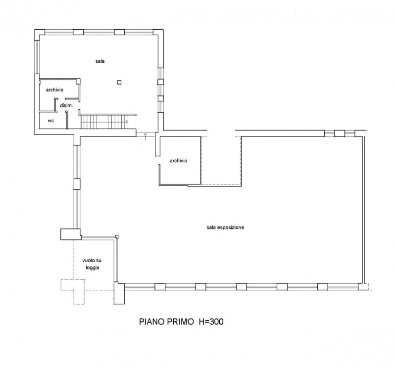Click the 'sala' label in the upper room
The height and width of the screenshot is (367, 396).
(100, 61)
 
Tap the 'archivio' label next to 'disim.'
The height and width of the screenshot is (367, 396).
(54, 90)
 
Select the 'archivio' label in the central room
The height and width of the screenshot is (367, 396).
(179, 161)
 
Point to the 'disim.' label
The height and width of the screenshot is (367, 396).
(66, 105)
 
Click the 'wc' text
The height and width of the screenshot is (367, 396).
(51, 121)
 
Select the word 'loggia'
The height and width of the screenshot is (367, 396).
(93, 268)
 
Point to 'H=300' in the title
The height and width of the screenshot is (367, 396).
(211, 321)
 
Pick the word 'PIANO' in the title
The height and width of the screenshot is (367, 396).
(152, 321)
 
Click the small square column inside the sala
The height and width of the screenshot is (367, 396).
(119, 82)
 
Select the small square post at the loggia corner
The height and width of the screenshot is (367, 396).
(117, 236)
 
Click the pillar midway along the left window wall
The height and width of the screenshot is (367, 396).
(77, 184)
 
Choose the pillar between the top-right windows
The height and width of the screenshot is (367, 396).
(340, 133)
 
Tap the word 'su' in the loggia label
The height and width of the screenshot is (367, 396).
(99, 260)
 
